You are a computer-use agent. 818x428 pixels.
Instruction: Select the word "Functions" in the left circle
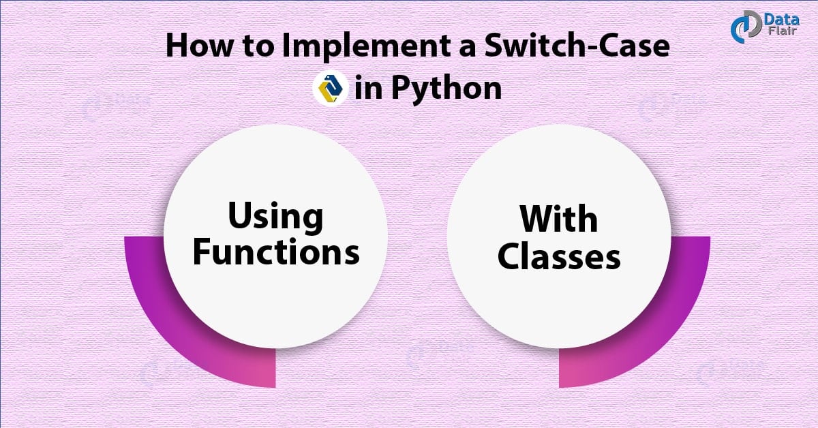[275, 252]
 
